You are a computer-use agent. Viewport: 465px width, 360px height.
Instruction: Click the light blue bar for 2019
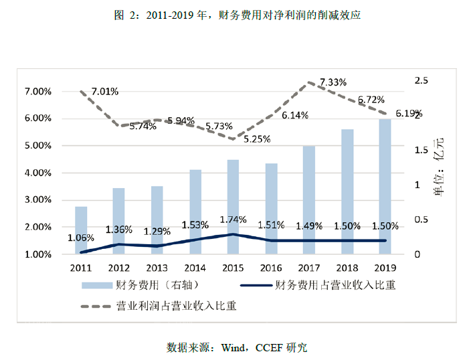click(385, 187)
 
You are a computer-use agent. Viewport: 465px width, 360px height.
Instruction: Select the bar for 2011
click(80, 230)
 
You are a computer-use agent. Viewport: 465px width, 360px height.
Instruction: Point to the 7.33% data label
click(333, 82)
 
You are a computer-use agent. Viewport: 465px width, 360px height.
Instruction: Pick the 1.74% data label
click(234, 219)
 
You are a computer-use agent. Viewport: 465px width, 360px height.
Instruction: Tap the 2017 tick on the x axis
click(308, 268)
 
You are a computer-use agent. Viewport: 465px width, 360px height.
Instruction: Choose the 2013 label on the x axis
click(157, 268)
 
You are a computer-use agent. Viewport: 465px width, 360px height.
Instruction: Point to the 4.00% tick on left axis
click(37, 173)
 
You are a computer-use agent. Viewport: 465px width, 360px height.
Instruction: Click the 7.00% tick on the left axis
click(37, 91)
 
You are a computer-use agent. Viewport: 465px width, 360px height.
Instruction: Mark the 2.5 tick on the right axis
click(422, 80)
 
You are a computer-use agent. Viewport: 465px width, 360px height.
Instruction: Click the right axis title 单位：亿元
click(438, 167)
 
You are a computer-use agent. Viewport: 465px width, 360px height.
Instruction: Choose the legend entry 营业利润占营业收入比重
click(176, 306)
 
